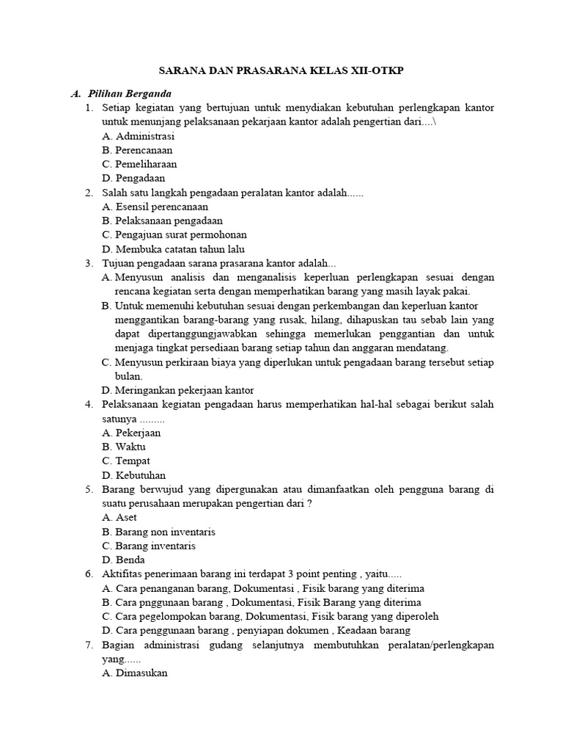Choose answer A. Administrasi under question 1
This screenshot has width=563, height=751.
point(139,136)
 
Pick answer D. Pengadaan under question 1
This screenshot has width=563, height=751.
point(134,178)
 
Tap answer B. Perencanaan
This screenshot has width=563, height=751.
point(138,150)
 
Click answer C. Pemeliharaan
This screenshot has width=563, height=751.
point(139,164)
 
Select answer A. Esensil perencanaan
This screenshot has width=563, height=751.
point(155,207)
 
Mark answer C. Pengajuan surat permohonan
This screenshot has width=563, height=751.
point(174,235)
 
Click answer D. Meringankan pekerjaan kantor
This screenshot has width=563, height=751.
point(178,390)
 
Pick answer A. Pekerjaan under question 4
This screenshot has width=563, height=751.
point(132,433)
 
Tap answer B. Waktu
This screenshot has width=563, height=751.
point(125,447)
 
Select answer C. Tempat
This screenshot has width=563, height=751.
point(127,461)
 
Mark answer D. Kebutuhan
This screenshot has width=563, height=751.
point(134,475)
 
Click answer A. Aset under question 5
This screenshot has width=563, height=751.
point(120,517)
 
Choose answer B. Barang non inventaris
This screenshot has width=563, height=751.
point(159,532)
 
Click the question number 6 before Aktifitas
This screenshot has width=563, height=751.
point(88,574)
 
